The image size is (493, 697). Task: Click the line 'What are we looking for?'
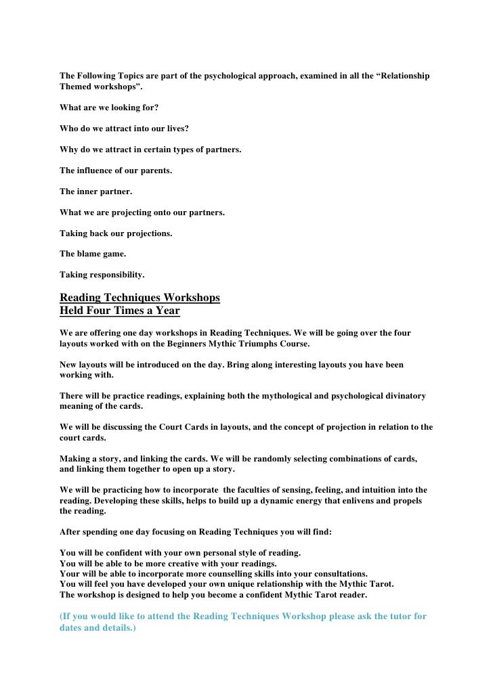click(109, 108)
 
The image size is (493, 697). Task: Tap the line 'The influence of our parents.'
click(116, 171)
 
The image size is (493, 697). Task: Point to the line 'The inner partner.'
click(95, 192)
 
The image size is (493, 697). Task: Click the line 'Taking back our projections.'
click(116, 233)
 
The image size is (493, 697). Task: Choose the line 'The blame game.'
click(93, 254)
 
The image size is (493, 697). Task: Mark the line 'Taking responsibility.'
click(102, 275)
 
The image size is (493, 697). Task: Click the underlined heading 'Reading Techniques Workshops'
click(140, 298)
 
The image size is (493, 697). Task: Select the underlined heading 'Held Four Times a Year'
click(120, 311)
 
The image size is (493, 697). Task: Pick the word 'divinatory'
click(404, 396)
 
